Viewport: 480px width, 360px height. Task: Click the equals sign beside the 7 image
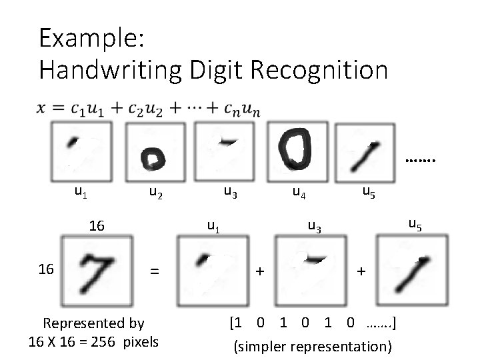[x=155, y=271]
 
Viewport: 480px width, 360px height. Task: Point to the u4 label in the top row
[x=299, y=194]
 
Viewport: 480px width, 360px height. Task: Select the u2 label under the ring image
[x=155, y=194]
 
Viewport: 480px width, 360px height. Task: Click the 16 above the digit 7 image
[x=97, y=226]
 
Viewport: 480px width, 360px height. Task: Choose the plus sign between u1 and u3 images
[x=260, y=271]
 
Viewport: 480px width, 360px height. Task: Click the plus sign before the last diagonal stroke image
[x=361, y=271]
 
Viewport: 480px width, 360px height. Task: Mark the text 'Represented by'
[x=93, y=323]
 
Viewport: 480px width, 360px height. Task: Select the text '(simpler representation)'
[x=312, y=346]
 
